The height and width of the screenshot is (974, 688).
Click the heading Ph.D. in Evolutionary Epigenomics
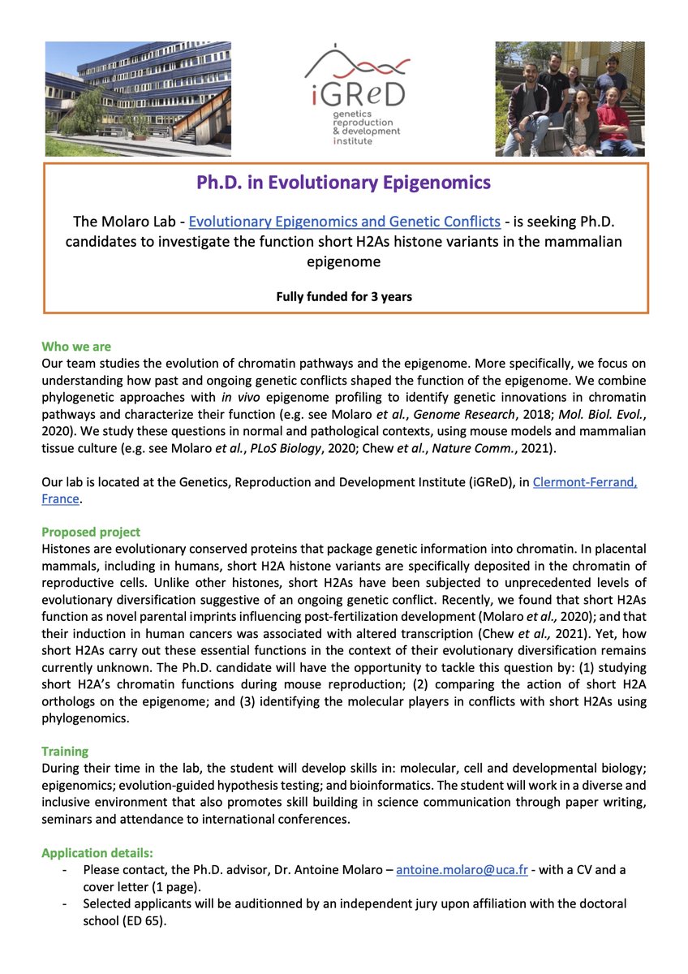coord(344,183)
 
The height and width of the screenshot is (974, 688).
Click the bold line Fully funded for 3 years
coord(344,296)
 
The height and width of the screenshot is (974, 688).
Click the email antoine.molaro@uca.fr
coord(462,869)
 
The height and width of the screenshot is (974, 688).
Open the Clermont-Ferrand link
coord(584,483)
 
